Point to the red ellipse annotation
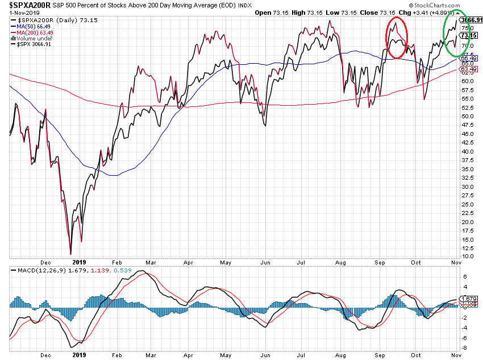(x=397, y=38)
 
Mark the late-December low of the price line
(x=70, y=254)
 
